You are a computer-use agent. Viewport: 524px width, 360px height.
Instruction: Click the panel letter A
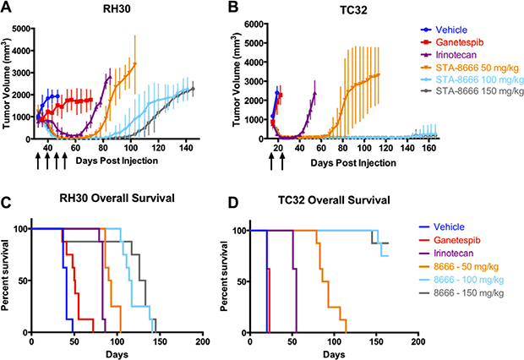click(x=7, y=8)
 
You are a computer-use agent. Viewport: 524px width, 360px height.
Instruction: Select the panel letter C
click(x=7, y=201)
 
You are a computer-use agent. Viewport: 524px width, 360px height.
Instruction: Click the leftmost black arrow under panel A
click(x=38, y=164)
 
